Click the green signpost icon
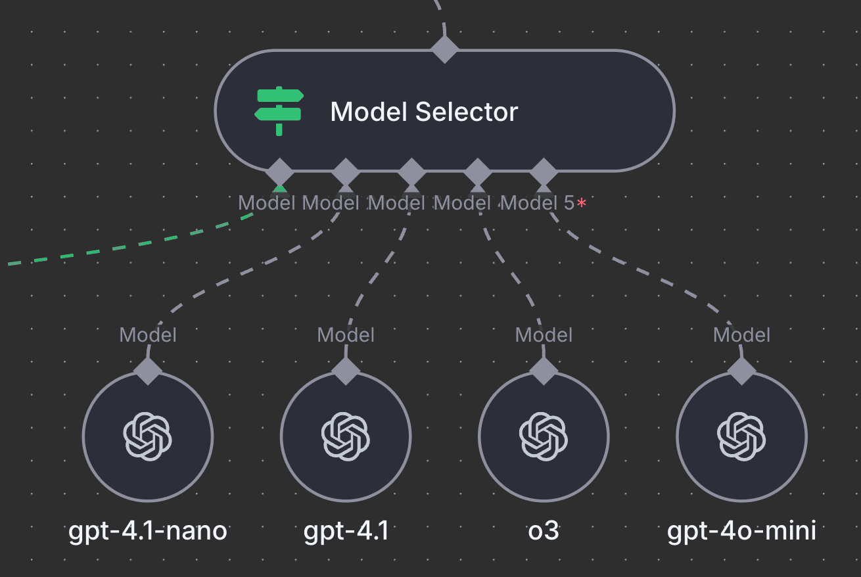[x=279, y=111]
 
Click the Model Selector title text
[x=424, y=112]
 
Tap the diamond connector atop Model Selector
[x=444, y=49]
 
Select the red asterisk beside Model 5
[x=582, y=204]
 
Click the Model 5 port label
[x=537, y=203]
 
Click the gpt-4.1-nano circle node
[x=148, y=436]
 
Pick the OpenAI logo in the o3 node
[x=544, y=436]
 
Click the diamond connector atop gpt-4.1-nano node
[x=148, y=371]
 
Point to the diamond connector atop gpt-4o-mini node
[x=741, y=371]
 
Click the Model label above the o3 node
[x=544, y=335]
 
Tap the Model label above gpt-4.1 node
[x=346, y=335]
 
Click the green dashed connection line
[x=131, y=246]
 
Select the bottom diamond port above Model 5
[x=544, y=173]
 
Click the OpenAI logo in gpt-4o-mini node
[x=741, y=436]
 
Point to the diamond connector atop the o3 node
[x=544, y=371]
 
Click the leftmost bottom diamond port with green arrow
[x=279, y=173]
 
